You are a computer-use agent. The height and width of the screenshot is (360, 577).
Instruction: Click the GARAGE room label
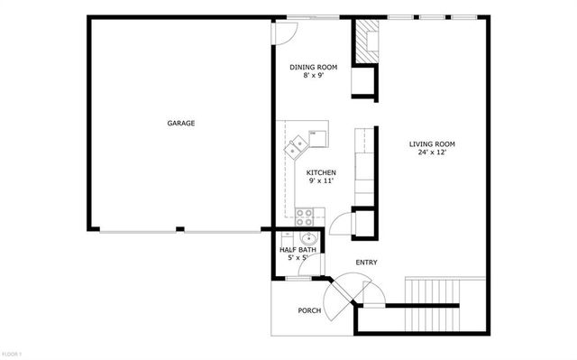[180, 123]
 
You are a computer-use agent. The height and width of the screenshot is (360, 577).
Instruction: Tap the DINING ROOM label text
[312, 67]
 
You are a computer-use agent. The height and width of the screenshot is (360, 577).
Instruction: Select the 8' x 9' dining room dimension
[312, 76]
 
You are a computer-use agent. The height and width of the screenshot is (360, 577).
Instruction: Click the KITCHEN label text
[321, 172]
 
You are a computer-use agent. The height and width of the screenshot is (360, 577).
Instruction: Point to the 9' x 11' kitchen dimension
[321, 181]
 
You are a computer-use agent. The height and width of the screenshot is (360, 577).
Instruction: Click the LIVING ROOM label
[432, 143]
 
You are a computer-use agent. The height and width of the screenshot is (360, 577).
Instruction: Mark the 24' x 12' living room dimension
[432, 152]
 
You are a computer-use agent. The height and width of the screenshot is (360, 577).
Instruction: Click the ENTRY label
[365, 263]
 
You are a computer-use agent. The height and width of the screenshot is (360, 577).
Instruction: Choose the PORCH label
[309, 310]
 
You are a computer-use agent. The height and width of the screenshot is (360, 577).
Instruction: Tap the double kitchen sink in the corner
[297, 146]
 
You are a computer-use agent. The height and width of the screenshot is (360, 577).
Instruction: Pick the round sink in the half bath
[308, 239]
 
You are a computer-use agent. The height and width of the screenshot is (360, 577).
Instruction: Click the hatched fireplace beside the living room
[364, 41]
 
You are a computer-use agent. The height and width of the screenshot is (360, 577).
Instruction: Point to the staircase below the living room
[433, 293]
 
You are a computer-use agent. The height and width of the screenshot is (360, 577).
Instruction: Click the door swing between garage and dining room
[283, 32]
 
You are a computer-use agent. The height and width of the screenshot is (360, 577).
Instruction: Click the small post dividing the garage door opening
[180, 229]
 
